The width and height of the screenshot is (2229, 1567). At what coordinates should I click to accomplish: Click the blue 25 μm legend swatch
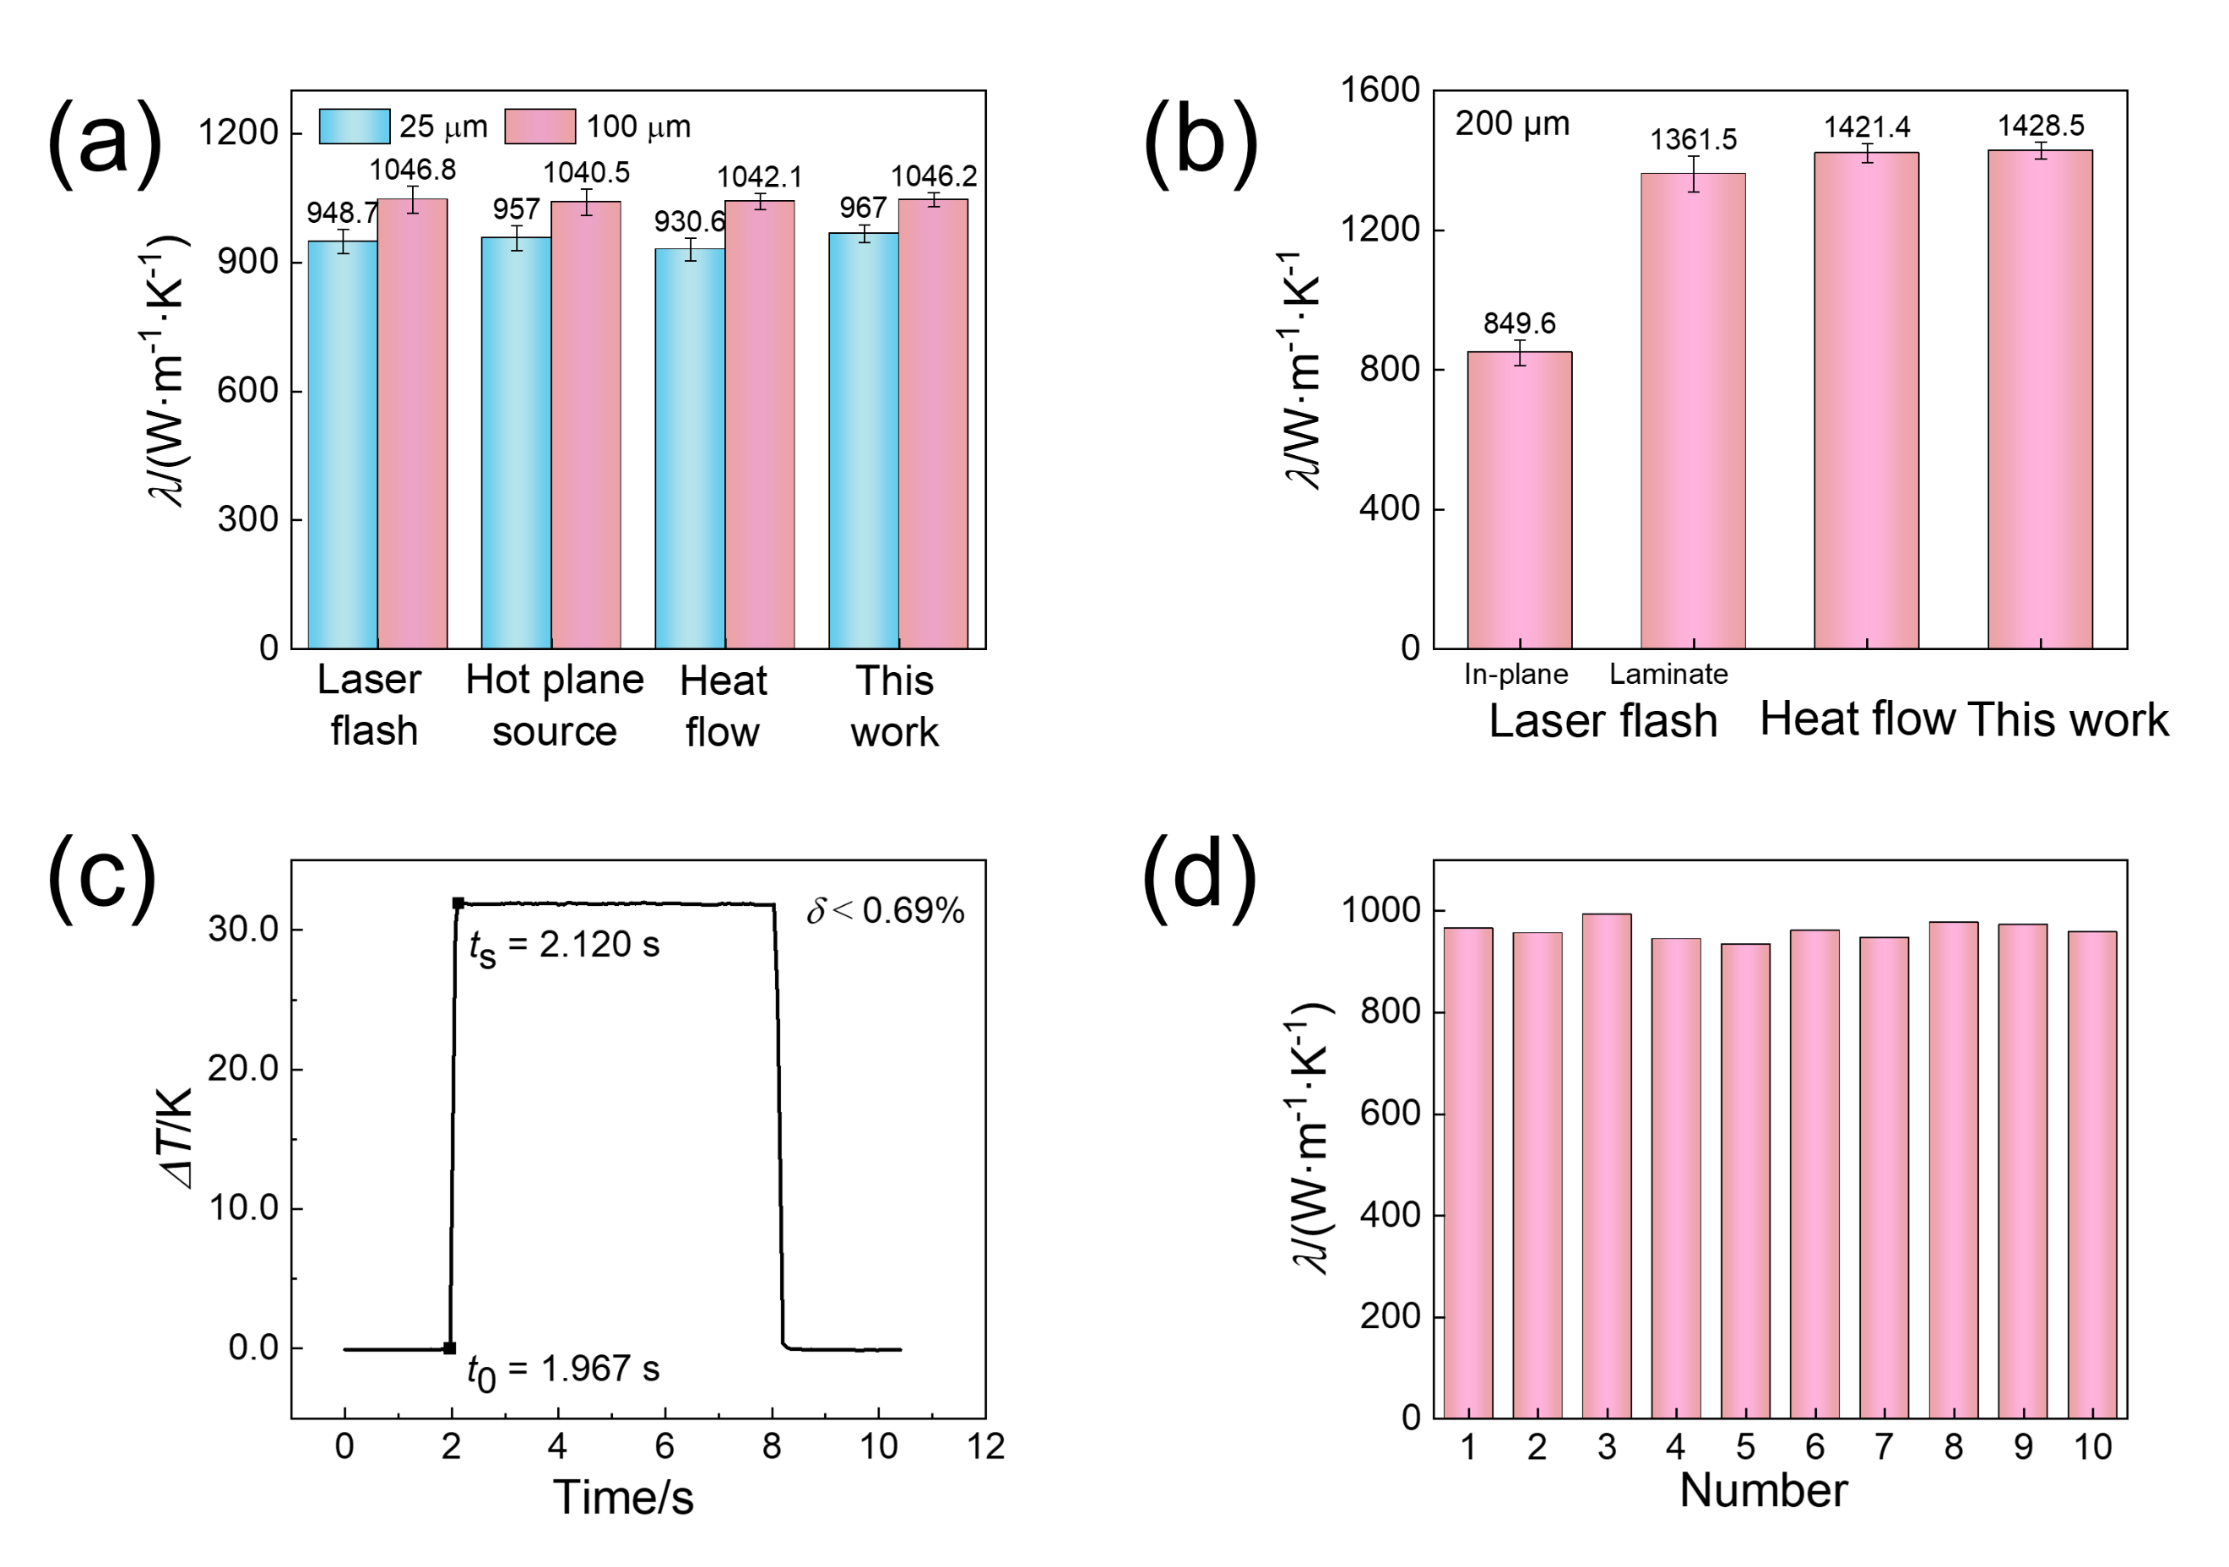click(355, 126)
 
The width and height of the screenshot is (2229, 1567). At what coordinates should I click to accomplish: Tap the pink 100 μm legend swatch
click(540, 126)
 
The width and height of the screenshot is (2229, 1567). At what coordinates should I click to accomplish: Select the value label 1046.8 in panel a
click(413, 170)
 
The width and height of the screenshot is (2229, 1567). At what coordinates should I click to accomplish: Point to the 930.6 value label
click(689, 221)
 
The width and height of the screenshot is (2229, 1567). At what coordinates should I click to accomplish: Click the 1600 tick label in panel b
click(1380, 90)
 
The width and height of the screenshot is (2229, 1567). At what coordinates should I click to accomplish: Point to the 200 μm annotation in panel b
click(1511, 123)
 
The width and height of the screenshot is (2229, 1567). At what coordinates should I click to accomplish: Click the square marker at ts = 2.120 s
click(458, 903)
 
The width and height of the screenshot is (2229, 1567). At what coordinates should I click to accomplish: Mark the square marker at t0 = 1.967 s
click(449, 1347)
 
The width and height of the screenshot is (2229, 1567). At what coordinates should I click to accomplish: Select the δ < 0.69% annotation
click(886, 911)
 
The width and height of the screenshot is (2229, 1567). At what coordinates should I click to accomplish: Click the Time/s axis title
click(623, 1497)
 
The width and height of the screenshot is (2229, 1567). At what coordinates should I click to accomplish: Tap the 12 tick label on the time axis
click(985, 1446)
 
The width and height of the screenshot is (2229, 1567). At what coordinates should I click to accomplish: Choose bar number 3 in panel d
click(1607, 1165)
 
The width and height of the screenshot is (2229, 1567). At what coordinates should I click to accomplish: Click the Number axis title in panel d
click(1763, 1490)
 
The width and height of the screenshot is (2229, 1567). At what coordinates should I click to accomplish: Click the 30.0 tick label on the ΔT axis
click(242, 929)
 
